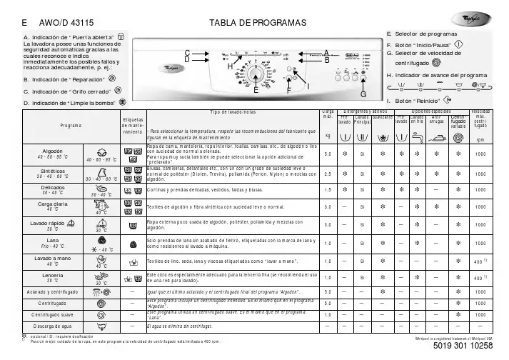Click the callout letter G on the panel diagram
pos(363,94)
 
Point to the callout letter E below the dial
pos(255,91)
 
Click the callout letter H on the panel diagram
pos(230,66)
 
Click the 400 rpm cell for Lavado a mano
pos(480,262)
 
